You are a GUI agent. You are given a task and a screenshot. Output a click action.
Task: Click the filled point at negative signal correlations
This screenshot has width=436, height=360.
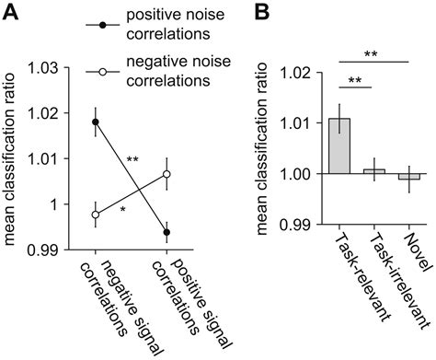pos(97,122)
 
